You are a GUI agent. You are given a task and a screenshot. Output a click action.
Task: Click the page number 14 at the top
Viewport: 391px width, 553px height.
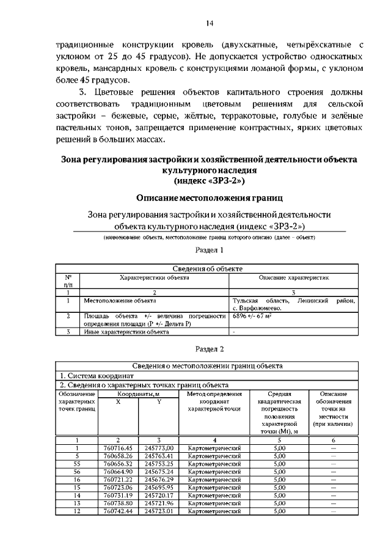coord(210,23)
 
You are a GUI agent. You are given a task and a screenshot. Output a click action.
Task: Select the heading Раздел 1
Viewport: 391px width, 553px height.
coord(210,251)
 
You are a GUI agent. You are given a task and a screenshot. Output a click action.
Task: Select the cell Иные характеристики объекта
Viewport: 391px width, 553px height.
coord(126,332)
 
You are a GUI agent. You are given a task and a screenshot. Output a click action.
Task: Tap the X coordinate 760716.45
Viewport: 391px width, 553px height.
coord(119,448)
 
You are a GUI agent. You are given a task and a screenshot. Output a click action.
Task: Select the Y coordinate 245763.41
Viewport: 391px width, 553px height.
coord(159,456)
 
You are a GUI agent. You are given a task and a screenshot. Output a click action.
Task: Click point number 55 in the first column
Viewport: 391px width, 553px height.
coord(77,464)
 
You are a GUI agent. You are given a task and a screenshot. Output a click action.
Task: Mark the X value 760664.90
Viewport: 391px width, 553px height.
coord(119,472)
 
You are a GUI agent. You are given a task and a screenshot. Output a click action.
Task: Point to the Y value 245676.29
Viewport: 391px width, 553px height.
coord(159,480)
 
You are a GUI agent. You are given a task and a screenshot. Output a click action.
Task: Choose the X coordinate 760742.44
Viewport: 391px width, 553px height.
coord(119,511)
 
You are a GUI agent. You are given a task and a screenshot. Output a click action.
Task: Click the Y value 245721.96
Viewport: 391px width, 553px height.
coord(159,504)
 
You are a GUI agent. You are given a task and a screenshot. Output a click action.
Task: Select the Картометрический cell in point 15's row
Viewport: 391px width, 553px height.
coord(214,488)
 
